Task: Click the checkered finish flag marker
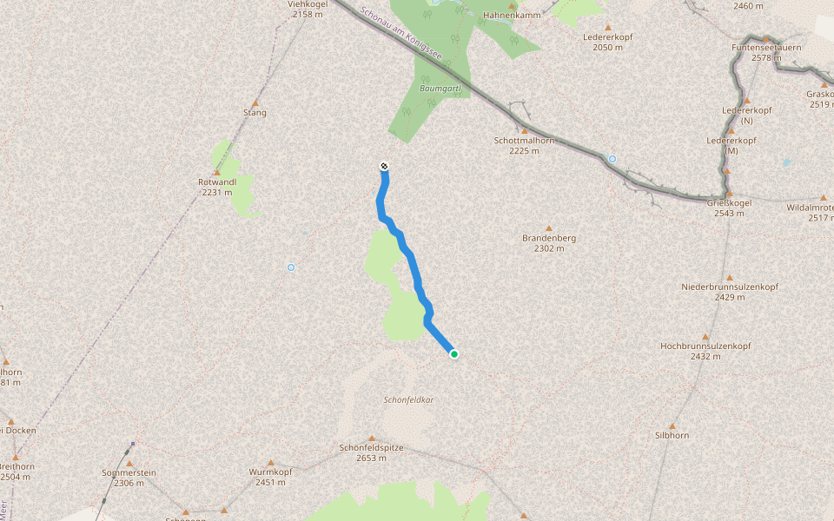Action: [384, 167]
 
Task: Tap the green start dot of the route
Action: [453, 353]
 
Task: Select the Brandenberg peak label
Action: [549, 238]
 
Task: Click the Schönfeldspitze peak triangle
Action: [372, 439]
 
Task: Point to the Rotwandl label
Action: [216, 182]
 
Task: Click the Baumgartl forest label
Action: [444, 89]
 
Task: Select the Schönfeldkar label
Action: [408, 400]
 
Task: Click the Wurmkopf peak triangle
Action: [270, 462]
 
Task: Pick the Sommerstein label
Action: [129, 472]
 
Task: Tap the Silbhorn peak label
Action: [672, 436]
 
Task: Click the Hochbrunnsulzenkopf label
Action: [705, 346]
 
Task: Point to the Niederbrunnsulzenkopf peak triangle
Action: [729, 277]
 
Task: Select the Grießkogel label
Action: [729, 203]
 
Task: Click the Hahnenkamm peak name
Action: [512, 15]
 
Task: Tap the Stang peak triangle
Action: [255, 102]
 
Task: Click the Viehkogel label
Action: [306, 4]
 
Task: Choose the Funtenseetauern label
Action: [766, 47]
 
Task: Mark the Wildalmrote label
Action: [810, 208]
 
